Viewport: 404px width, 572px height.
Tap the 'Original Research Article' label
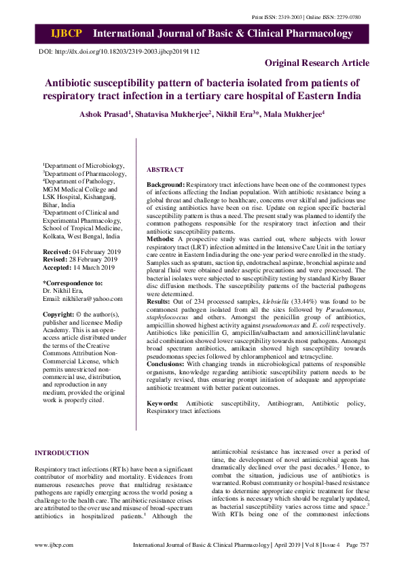(x=317, y=63)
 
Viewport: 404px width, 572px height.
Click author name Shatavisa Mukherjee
(x=175, y=113)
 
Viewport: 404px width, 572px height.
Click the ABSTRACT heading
(x=165, y=169)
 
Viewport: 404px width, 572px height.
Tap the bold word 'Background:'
(x=166, y=184)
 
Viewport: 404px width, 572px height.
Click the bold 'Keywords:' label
(x=163, y=404)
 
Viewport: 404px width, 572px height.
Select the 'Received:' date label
(x=58, y=252)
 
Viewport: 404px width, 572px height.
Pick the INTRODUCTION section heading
(x=62, y=453)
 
